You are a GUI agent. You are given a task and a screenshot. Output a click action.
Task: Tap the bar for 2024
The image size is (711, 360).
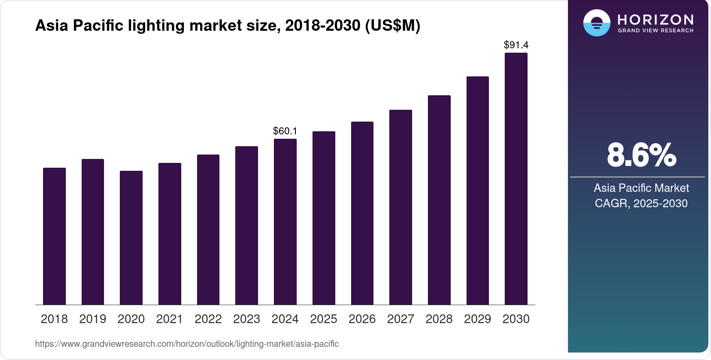coord(285,222)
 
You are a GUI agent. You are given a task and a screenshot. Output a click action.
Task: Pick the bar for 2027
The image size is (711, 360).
coord(401,207)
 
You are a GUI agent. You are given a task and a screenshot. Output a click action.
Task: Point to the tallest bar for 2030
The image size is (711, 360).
coord(516,179)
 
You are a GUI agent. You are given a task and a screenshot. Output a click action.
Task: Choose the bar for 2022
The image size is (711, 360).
coord(208,230)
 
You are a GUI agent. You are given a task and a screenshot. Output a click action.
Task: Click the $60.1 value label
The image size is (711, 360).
coord(285,131)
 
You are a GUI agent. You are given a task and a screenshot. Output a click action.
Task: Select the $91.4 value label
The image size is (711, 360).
coord(516,45)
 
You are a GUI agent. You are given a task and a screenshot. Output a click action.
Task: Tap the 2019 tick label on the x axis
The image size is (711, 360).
coord(93,319)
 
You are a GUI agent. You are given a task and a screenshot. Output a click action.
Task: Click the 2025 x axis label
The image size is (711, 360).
coord(323,319)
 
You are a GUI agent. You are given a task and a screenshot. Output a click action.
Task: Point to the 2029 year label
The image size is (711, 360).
coord(478,319)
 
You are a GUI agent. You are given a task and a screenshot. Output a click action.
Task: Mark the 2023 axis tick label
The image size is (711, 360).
coord(247,319)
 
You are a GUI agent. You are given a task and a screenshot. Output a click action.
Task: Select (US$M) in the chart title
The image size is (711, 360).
coord(392,25)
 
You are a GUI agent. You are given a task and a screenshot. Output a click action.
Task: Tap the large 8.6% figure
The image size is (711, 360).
coord(641,155)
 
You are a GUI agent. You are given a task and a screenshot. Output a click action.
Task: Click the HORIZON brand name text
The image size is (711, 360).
coord(655,19)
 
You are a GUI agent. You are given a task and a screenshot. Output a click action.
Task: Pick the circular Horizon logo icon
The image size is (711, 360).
coord(597,23)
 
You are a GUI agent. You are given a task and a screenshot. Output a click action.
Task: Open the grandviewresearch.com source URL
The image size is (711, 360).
coord(187,344)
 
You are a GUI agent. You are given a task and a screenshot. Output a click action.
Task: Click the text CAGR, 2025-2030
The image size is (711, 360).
coord(641,203)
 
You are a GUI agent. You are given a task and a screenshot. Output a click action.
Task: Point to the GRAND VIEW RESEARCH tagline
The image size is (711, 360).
coord(655,31)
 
